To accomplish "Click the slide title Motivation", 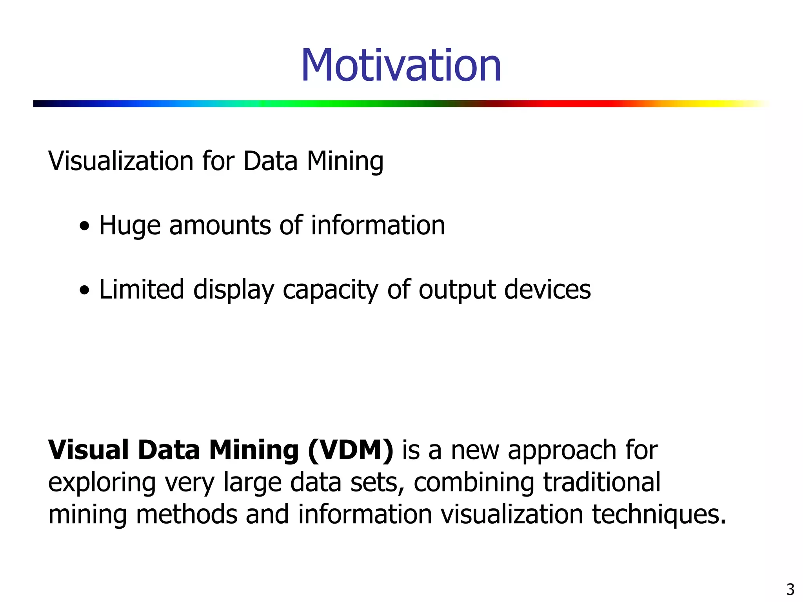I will point(401,65).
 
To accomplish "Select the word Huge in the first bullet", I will point(130,226).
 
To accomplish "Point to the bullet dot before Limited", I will point(84,290).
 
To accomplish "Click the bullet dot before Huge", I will point(84,226).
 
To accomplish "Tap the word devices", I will point(547,290).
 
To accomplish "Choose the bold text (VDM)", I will point(351,450).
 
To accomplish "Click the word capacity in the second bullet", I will point(330,290).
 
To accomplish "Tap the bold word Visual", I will point(88,450).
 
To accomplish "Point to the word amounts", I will point(220,226).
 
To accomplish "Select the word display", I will point(234,290).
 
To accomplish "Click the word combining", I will point(474,483).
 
